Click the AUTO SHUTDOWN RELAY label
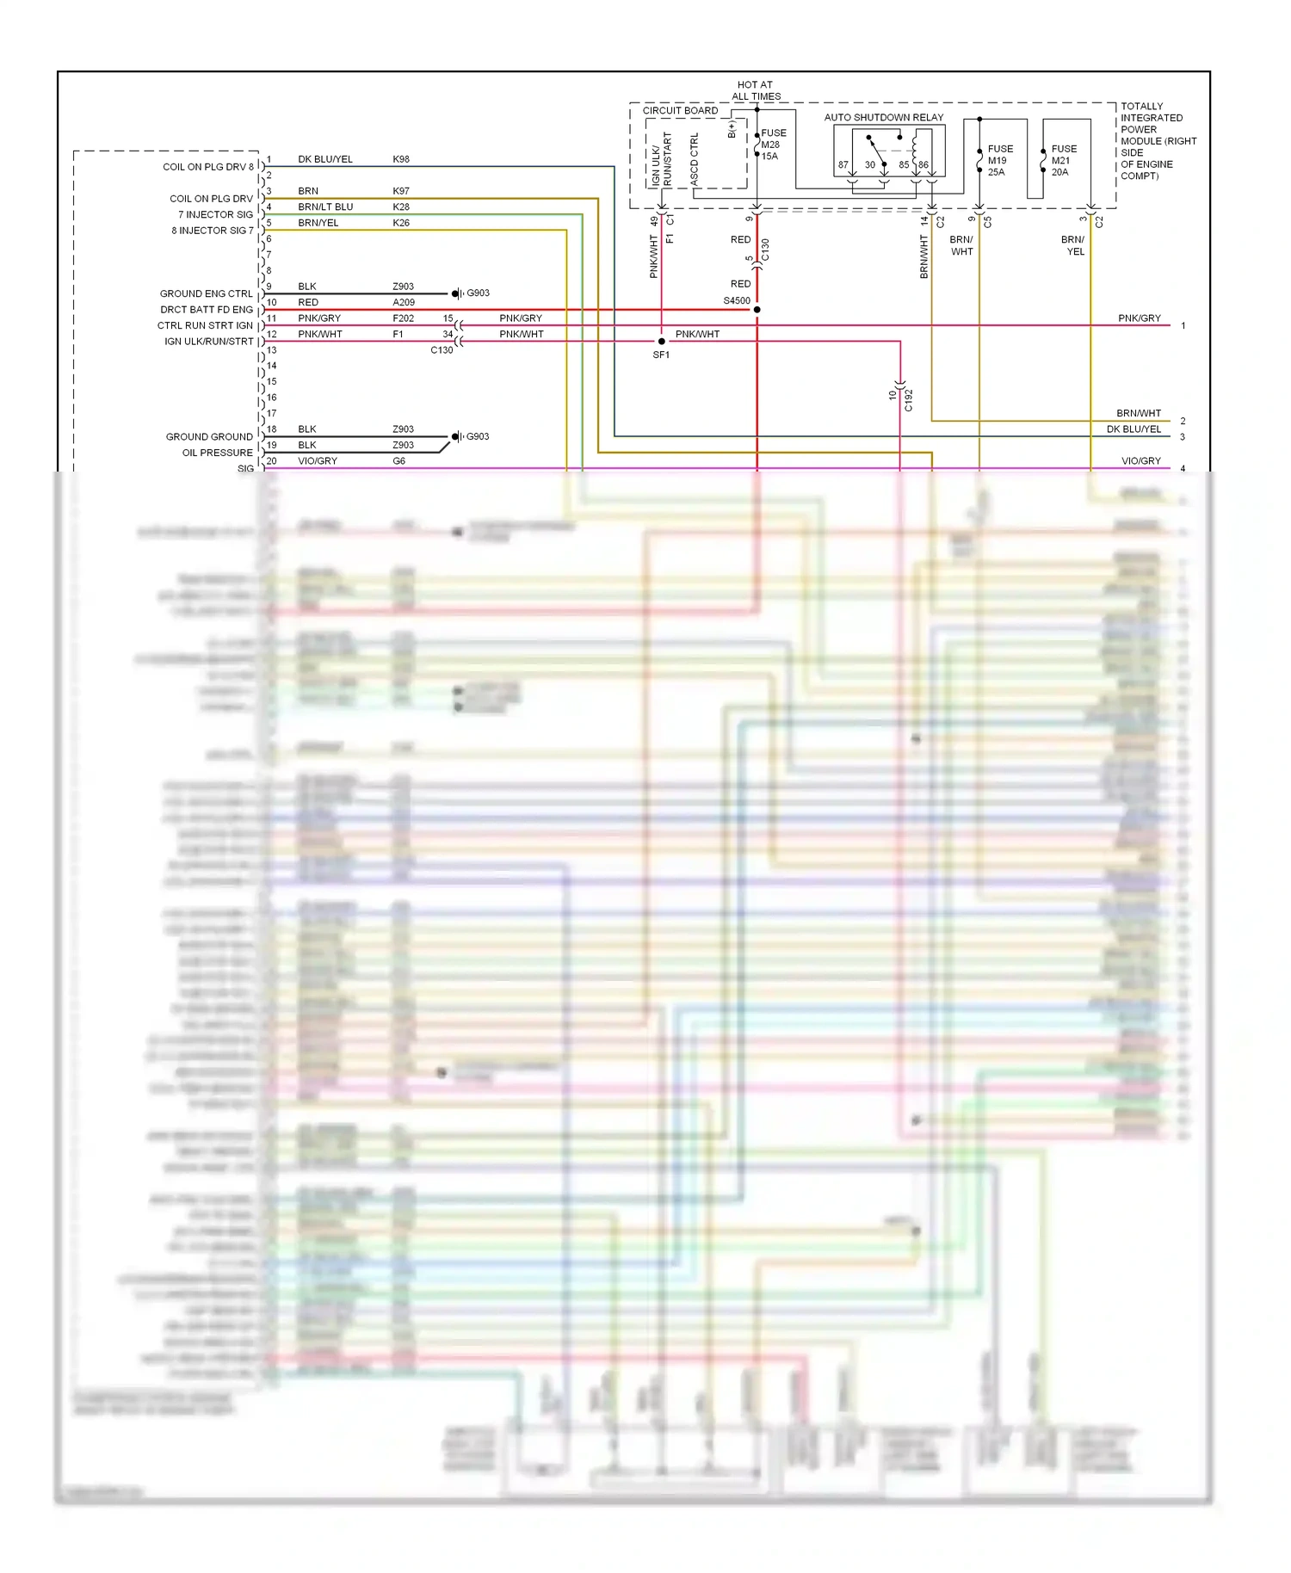click(x=883, y=117)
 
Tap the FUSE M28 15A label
click(x=772, y=145)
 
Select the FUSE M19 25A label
click(x=999, y=160)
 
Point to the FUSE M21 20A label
click(x=1063, y=160)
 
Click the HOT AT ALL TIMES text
click(x=756, y=90)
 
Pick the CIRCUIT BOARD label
click(x=680, y=110)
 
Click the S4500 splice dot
click(x=757, y=310)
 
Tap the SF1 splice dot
click(x=661, y=342)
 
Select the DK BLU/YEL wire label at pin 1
click(x=325, y=159)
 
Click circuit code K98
click(x=401, y=159)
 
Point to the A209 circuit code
click(x=404, y=302)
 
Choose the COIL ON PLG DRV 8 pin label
click(x=208, y=167)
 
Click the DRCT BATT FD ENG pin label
click(x=207, y=310)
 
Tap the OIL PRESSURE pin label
click(x=217, y=453)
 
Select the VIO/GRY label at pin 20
click(x=318, y=461)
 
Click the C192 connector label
click(x=908, y=400)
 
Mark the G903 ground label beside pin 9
click(x=478, y=293)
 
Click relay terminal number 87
click(x=843, y=165)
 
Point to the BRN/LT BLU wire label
click(x=325, y=207)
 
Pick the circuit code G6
click(x=399, y=461)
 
